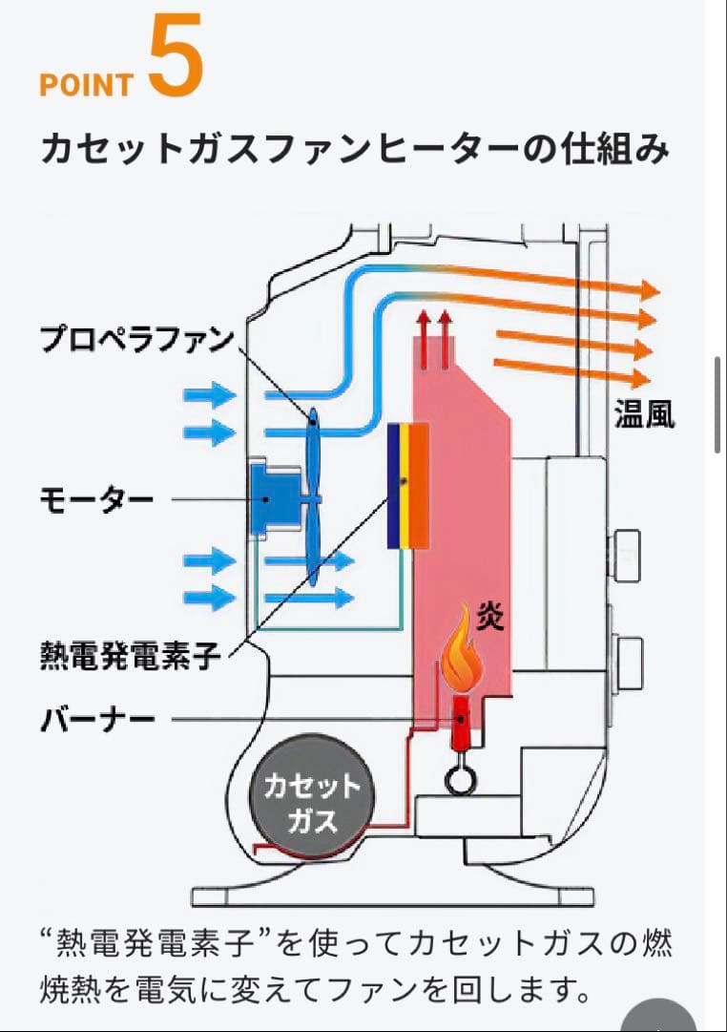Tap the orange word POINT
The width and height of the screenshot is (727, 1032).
pyautogui.click(x=86, y=85)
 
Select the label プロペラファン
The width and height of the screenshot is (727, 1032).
pyautogui.click(x=136, y=339)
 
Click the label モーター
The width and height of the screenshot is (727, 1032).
pyautogui.click(x=95, y=499)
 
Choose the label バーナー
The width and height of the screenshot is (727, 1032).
pyautogui.click(x=96, y=719)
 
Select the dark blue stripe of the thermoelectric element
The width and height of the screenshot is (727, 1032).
pyautogui.click(x=393, y=487)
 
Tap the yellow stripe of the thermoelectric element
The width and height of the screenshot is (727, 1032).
pyautogui.click(x=405, y=487)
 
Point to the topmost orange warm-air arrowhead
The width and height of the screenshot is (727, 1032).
pyautogui.click(x=651, y=290)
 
